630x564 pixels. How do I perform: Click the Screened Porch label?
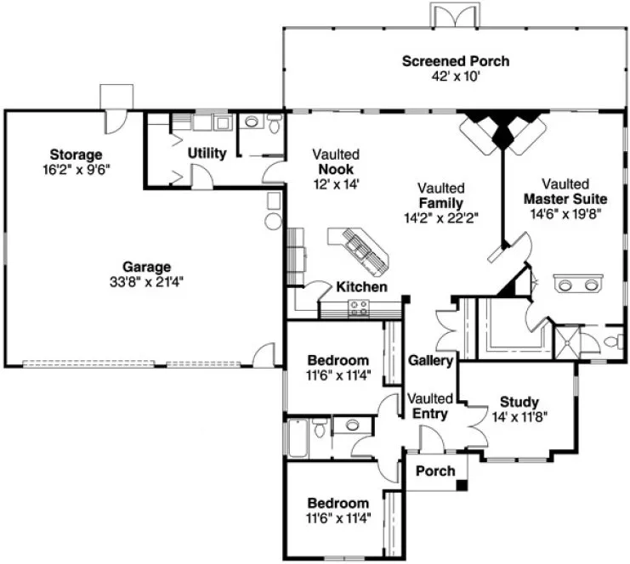(x=456, y=61)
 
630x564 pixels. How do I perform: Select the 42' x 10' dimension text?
(x=456, y=75)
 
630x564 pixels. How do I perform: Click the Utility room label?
(x=207, y=154)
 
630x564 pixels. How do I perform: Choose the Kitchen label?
(x=361, y=287)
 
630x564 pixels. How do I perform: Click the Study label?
(x=519, y=402)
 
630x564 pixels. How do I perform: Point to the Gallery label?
(x=430, y=360)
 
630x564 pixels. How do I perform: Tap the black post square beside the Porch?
(x=462, y=485)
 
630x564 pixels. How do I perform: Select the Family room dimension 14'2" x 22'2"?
(x=440, y=217)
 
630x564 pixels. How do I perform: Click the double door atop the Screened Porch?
(x=448, y=15)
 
